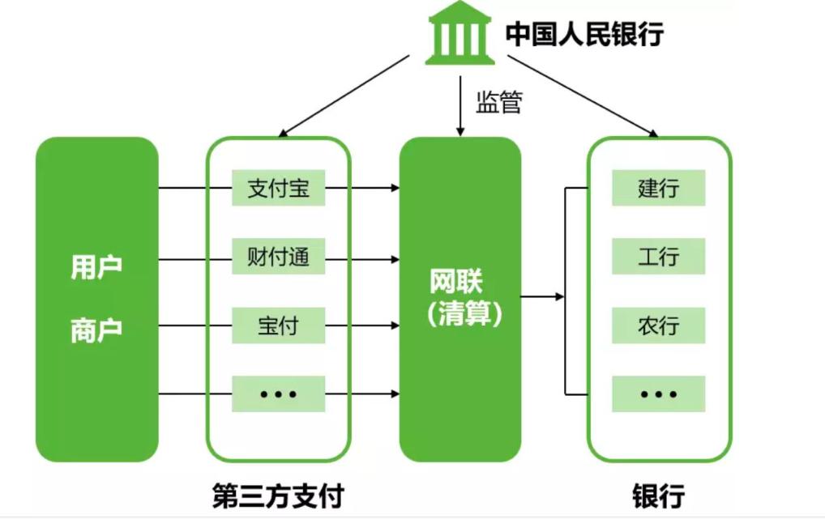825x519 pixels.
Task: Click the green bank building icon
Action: point(460,33)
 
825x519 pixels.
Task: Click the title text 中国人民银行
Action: point(585,34)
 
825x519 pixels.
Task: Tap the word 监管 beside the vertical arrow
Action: point(498,103)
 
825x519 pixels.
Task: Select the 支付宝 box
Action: point(278,188)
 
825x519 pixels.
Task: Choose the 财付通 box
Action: point(278,257)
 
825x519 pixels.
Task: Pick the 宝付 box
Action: point(278,325)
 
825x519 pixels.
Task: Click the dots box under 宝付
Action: point(278,394)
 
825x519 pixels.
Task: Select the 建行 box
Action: point(658,188)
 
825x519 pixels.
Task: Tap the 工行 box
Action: point(658,257)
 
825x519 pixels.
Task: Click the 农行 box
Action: point(658,325)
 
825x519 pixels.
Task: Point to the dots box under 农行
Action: point(658,394)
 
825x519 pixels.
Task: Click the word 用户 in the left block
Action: point(96,267)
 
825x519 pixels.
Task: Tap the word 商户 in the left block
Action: point(96,330)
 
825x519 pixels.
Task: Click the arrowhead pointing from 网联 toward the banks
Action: point(559,297)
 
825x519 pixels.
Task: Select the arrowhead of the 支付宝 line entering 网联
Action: point(395,188)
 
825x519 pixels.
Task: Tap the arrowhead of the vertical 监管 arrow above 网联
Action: point(460,131)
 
